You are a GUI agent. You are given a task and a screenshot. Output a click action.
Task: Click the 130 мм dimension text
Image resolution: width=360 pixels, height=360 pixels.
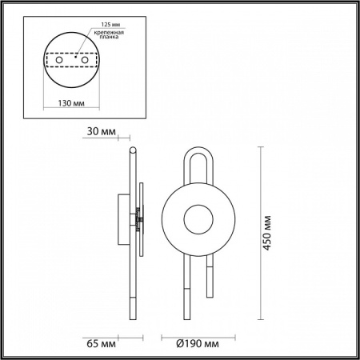[x=73, y=103]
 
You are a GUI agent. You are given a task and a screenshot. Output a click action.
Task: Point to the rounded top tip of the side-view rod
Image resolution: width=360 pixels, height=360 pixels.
[x=133, y=149]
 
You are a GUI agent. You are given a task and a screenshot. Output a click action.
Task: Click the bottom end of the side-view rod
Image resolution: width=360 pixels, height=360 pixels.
[x=133, y=318]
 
